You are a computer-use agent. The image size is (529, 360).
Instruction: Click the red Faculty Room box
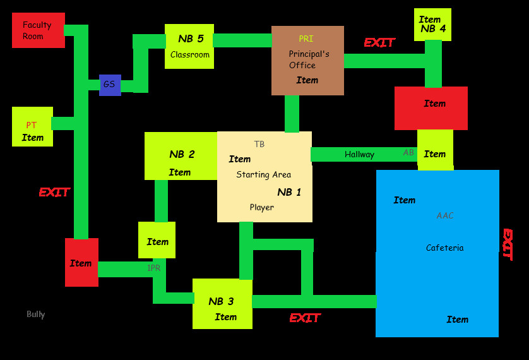tap(38, 30)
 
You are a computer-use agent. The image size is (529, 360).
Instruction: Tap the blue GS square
tap(110, 85)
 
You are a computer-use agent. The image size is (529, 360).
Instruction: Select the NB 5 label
tap(191, 39)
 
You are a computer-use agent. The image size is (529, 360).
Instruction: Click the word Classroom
tap(189, 55)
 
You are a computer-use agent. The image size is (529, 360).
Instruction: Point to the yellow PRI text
tap(306, 39)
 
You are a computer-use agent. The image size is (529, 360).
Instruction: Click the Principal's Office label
tap(309, 59)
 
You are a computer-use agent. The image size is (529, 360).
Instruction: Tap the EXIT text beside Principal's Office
tap(379, 43)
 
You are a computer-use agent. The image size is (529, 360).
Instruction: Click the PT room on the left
tap(32, 126)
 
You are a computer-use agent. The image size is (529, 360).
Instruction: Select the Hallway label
tap(359, 155)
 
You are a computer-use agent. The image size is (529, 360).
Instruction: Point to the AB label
tap(408, 153)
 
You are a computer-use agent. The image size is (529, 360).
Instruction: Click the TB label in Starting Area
tap(259, 145)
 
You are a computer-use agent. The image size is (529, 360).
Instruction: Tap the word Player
tap(261, 207)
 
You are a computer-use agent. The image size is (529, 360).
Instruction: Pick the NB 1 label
tap(289, 192)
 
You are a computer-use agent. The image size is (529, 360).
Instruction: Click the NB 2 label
tap(182, 154)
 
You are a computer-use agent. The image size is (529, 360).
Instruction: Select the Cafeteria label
tap(444, 248)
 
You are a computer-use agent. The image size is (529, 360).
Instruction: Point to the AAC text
tap(445, 216)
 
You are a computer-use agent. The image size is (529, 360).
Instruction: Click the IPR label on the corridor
tap(154, 268)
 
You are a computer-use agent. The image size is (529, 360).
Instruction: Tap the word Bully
tap(36, 315)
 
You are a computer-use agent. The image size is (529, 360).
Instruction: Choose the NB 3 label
tap(221, 301)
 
